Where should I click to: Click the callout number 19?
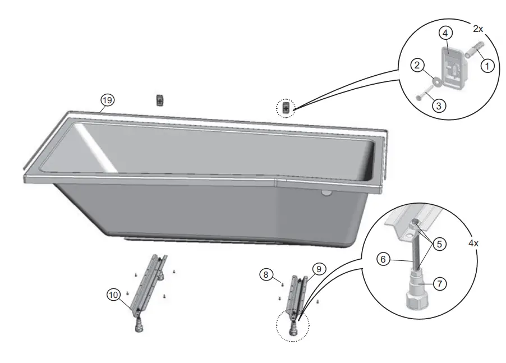[107, 100]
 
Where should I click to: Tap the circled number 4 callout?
[444, 33]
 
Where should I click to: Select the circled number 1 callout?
[487, 66]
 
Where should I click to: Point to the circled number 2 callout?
[417, 66]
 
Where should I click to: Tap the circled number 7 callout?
[440, 284]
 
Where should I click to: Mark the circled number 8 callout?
[266, 274]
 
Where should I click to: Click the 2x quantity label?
[477, 28]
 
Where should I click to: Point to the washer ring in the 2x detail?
[433, 81]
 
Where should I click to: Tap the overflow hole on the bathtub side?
[326, 193]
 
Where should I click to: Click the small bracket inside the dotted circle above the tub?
[287, 107]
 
